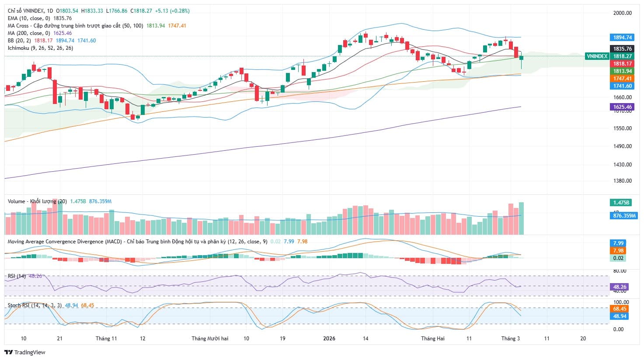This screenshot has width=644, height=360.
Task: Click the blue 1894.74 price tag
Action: (622, 38)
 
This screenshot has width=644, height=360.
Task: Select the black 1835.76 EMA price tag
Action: (622, 49)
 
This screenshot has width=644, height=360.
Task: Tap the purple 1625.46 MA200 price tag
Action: (622, 107)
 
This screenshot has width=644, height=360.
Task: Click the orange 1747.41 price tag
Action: (622, 79)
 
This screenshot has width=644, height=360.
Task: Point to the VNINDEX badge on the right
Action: (597, 56)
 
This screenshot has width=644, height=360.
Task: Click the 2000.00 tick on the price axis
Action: (622, 13)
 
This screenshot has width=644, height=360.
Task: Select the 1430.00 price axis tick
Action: (622, 165)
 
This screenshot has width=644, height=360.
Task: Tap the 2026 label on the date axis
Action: (329, 339)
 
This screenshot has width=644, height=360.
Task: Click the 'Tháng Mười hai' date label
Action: (210, 339)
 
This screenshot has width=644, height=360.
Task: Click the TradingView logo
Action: (24, 352)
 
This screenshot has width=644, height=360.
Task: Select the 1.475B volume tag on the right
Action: (621, 203)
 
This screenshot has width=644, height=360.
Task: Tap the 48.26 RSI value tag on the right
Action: (620, 287)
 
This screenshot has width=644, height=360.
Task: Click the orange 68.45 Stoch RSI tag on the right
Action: (620, 309)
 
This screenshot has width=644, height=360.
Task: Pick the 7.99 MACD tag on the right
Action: (618, 243)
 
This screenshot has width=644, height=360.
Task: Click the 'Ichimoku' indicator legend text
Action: (19, 48)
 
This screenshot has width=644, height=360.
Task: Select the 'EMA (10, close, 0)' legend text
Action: (30, 18)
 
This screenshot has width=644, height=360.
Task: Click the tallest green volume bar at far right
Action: (521, 218)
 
